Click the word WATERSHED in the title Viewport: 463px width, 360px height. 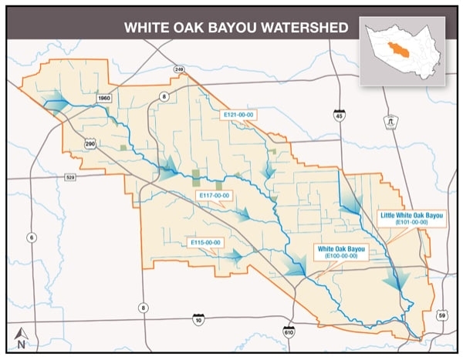(x=305, y=29)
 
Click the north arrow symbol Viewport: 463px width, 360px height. (x=22, y=336)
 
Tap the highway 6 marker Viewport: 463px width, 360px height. (x=30, y=237)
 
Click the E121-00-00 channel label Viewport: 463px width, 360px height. (x=238, y=114)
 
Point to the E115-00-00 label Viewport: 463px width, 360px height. (x=205, y=242)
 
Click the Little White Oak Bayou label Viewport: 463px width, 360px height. (x=411, y=215)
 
